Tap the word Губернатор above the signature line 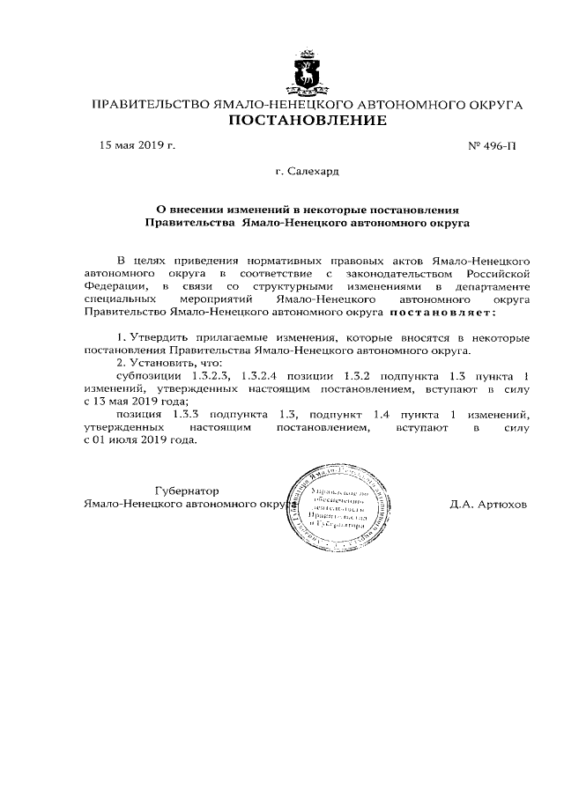pos(187,491)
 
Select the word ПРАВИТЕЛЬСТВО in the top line pos(151,105)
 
